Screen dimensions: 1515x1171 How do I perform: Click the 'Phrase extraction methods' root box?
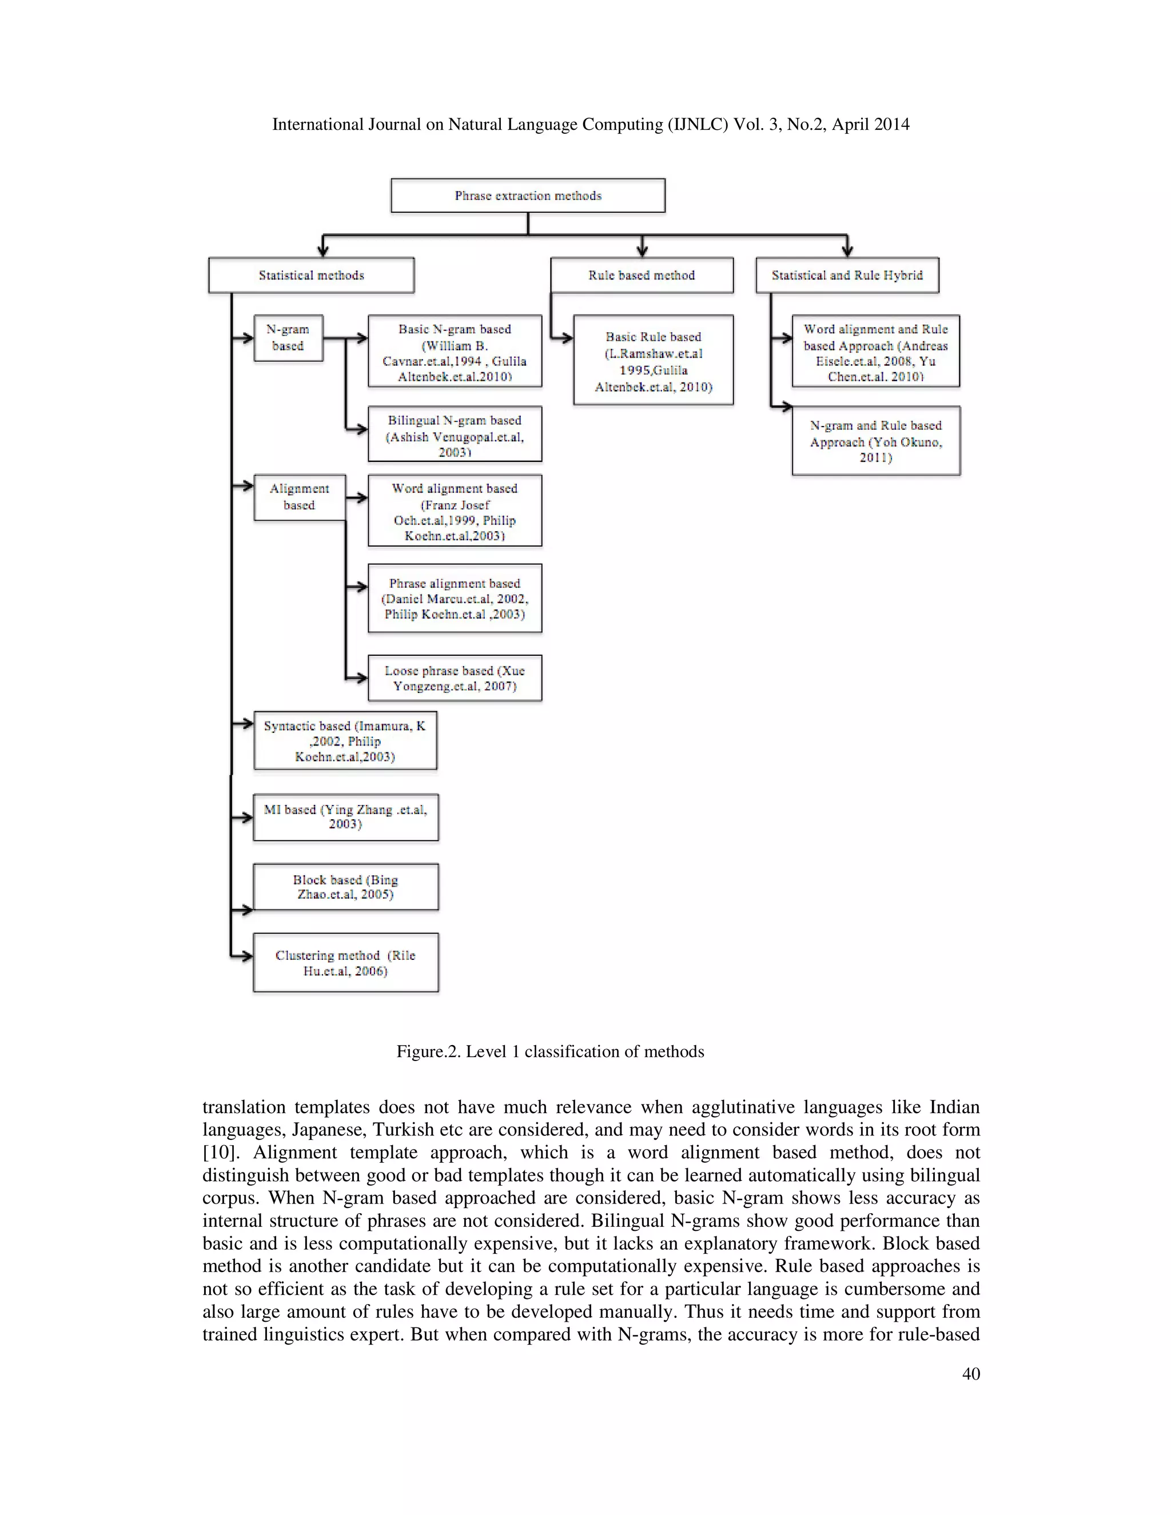(528, 196)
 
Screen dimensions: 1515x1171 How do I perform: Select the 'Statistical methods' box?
(312, 276)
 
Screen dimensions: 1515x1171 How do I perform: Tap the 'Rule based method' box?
(642, 276)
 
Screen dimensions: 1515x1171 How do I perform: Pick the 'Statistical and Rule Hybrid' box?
(847, 276)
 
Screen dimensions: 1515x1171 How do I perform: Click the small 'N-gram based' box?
(288, 338)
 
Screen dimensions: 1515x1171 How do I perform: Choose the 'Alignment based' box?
(299, 497)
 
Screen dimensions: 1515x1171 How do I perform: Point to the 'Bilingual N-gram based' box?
(455, 434)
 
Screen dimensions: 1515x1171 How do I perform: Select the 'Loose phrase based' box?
(455, 679)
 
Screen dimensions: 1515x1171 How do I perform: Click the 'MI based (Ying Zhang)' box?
(345, 817)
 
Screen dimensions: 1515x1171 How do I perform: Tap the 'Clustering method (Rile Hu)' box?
(345, 963)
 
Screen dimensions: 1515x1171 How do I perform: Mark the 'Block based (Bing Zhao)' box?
(345, 887)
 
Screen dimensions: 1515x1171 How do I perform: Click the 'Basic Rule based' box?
(653, 361)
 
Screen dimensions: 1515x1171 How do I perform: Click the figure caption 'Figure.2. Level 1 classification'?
(550, 1051)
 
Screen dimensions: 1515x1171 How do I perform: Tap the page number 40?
(970, 1374)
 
